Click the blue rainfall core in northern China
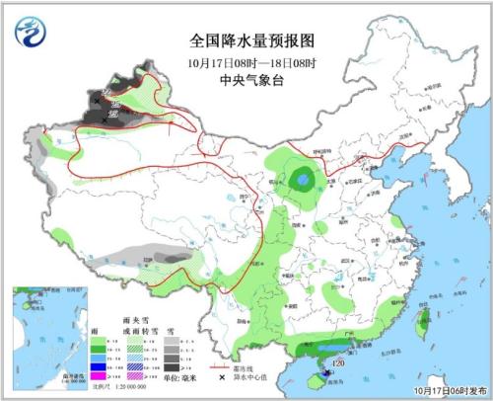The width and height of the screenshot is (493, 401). [302, 179]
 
